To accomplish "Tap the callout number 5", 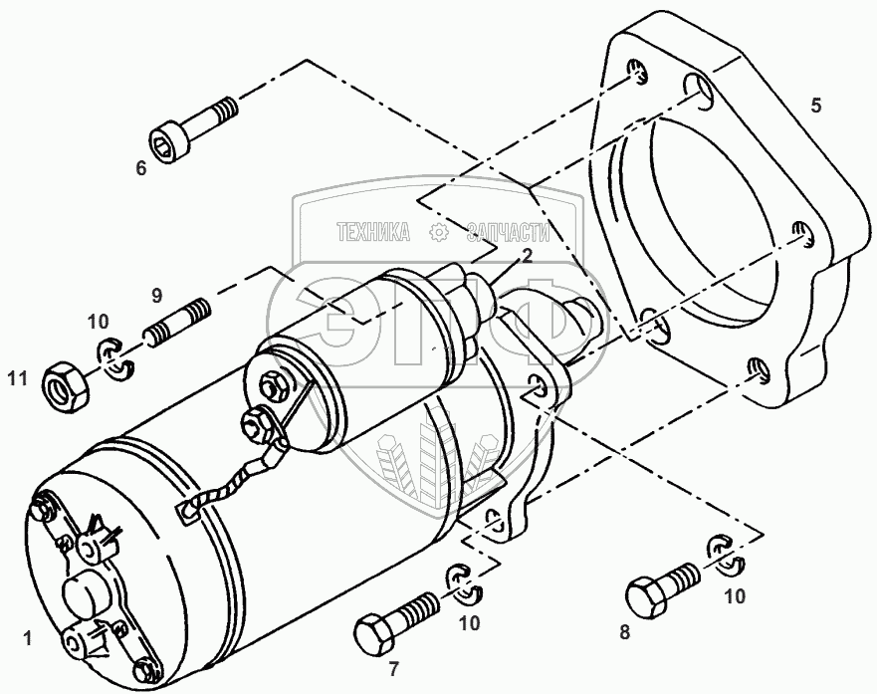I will point(815,106).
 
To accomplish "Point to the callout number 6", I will point(141,167).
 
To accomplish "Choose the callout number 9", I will point(156,295).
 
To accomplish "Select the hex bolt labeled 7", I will point(395,618).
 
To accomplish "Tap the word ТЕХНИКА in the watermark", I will point(374,233).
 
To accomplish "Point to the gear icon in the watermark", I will point(439,233).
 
